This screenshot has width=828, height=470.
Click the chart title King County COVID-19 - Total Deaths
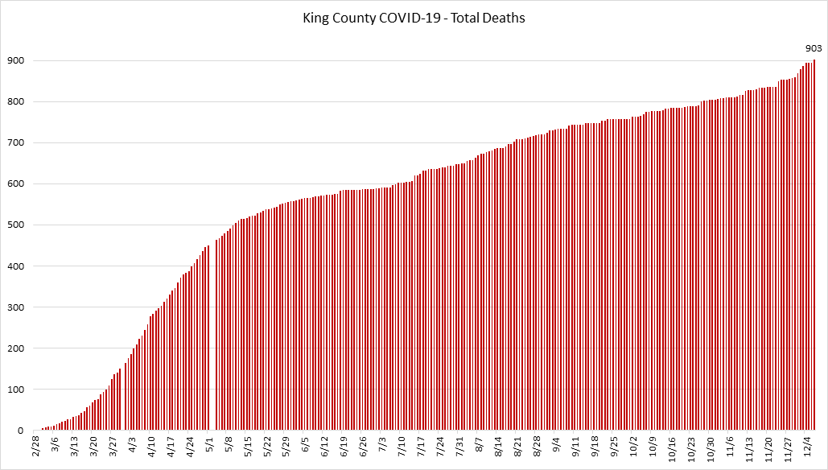point(414,17)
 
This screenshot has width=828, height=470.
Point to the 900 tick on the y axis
point(14,61)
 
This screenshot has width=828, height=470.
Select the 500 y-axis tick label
point(14,225)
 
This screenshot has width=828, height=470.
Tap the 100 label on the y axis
point(14,390)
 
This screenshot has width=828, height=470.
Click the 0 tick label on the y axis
point(19,431)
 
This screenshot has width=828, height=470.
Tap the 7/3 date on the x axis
point(381,446)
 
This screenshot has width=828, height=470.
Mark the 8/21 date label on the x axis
point(517,447)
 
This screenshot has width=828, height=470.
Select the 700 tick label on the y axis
point(14,143)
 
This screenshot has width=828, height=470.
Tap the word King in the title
point(315,17)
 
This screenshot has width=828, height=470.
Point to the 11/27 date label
point(786,449)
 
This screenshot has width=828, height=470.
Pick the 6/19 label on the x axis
point(344,447)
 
